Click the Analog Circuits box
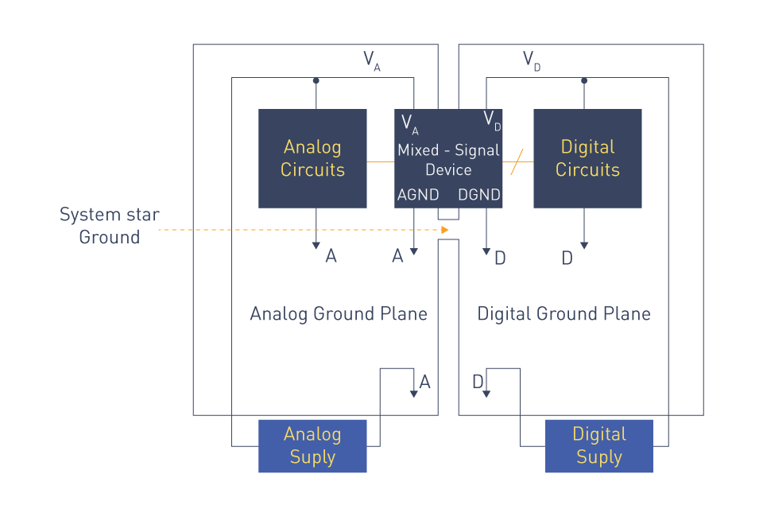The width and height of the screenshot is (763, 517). [x=312, y=159]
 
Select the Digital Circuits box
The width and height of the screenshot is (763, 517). [x=587, y=159]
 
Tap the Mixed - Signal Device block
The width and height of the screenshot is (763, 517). [x=448, y=159]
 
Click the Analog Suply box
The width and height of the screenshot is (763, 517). [x=312, y=446]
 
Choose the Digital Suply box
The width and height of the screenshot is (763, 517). [x=599, y=446]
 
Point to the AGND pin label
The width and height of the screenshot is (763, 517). [x=418, y=195]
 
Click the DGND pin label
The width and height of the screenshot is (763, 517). [x=479, y=195]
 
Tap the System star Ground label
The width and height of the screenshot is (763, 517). [x=110, y=225]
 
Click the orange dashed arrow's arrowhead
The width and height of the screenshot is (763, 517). [x=445, y=230]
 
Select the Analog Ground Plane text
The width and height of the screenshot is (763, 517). [x=339, y=314]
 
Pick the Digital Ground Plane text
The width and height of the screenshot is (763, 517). [x=564, y=314]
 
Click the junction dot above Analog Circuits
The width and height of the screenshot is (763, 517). [x=316, y=80]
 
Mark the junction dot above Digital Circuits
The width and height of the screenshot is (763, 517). [x=584, y=80]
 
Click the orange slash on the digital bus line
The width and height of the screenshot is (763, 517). [x=517, y=161]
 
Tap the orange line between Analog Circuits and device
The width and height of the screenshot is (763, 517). [x=381, y=161]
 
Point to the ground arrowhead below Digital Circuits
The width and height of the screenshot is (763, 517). [x=584, y=246]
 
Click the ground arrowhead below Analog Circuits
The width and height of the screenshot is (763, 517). [x=316, y=246]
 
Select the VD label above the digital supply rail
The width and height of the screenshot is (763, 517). [x=532, y=61]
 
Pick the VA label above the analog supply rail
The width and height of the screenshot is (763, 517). [x=372, y=61]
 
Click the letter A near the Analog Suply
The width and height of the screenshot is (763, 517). [x=424, y=382]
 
